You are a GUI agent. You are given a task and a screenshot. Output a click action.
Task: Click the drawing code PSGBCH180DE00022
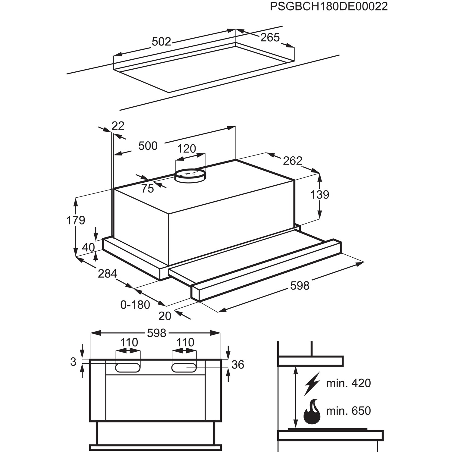(x=328, y=7)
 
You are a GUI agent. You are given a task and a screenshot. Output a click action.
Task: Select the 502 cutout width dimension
(x=161, y=42)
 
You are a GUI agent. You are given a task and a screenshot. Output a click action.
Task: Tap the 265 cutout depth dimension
(x=270, y=37)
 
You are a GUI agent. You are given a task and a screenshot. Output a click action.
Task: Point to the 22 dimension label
(x=118, y=126)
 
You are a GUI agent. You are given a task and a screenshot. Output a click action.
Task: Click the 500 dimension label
(x=148, y=146)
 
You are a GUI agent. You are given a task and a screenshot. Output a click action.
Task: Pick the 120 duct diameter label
(x=187, y=149)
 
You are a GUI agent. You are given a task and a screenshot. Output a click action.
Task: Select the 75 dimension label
(x=147, y=189)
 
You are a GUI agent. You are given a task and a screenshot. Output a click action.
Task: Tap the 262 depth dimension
(x=292, y=161)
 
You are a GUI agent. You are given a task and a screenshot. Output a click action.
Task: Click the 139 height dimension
(x=320, y=195)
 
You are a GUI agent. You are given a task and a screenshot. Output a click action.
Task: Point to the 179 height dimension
(x=76, y=220)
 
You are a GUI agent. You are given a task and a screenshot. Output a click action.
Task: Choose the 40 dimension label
(x=88, y=247)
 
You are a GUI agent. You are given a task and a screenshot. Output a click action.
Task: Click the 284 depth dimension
(x=107, y=274)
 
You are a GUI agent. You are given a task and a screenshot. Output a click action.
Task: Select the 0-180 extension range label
(x=135, y=305)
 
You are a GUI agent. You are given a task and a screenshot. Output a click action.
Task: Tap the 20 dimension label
(x=165, y=316)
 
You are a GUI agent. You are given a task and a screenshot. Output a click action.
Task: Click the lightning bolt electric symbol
(x=312, y=383)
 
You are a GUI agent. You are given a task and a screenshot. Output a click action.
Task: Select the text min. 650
(x=348, y=411)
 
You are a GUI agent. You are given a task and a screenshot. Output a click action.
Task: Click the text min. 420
(x=348, y=383)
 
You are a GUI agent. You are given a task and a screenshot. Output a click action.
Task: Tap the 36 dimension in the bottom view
(x=237, y=365)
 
